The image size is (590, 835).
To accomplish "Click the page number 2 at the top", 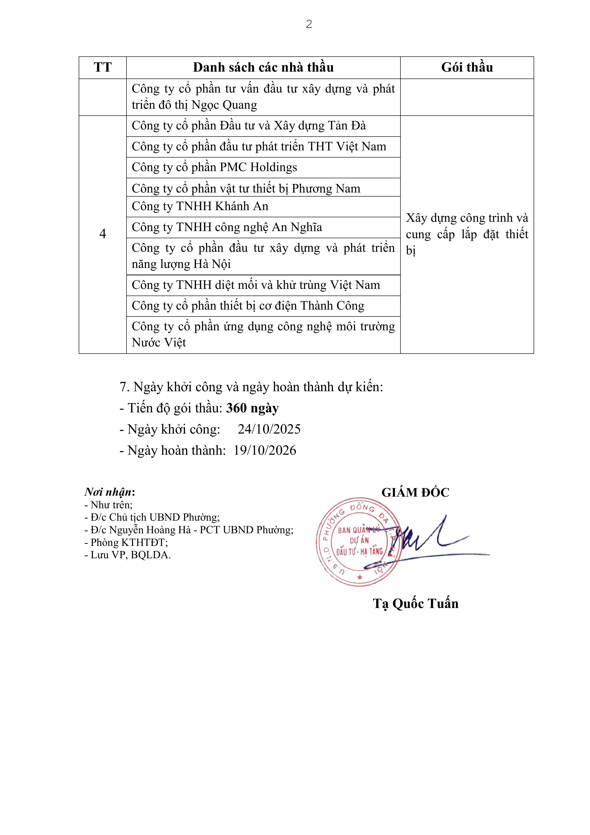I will tap(309, 24).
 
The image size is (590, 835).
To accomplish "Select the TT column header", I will tap(102, 67).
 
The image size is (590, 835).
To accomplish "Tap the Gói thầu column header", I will tap(467, 67).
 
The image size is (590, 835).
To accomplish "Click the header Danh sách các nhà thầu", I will tap(263, 67).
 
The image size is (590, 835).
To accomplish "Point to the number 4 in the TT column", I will tap(102, 234).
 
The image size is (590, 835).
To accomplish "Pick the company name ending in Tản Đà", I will tap(249, 126).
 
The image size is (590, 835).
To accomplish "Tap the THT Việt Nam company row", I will tap(259, 147).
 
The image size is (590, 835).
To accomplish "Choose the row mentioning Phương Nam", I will tap(246, 188).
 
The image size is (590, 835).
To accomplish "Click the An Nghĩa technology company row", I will tap(227, 227).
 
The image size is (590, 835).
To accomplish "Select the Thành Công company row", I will tap(248, 306).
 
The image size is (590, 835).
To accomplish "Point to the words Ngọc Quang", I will tap(224, 105).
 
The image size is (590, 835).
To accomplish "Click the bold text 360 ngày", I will tap(252, 408).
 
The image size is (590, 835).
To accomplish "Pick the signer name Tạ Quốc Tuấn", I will tap(415, 603).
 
